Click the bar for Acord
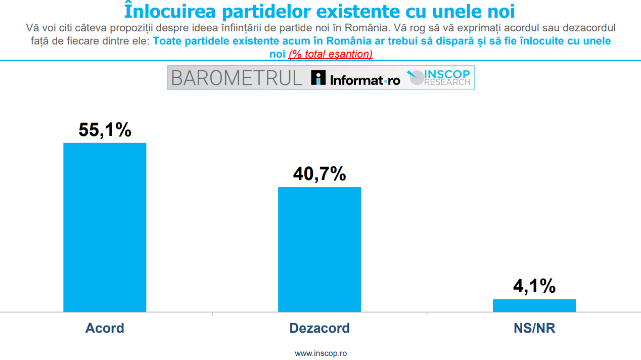tap(105, 227)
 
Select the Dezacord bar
tap(319, 249)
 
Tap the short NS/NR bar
tap(534, 305)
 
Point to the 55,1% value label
tap(105, 130)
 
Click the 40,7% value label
tap(319, 174)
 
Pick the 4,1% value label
tap(534, 287)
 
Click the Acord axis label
tap(105, 328)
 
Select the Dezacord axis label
tap(319, 328)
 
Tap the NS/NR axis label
tap(534, 328)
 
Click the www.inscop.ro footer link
tap(320, 353)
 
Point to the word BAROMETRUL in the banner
tap(237, 78)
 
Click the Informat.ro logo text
tap(364, 79)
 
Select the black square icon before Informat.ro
tap(318, 78)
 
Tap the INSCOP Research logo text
tap(447, 77)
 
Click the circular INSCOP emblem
tap(416, 77)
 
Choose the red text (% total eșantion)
tap(331, 54)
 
